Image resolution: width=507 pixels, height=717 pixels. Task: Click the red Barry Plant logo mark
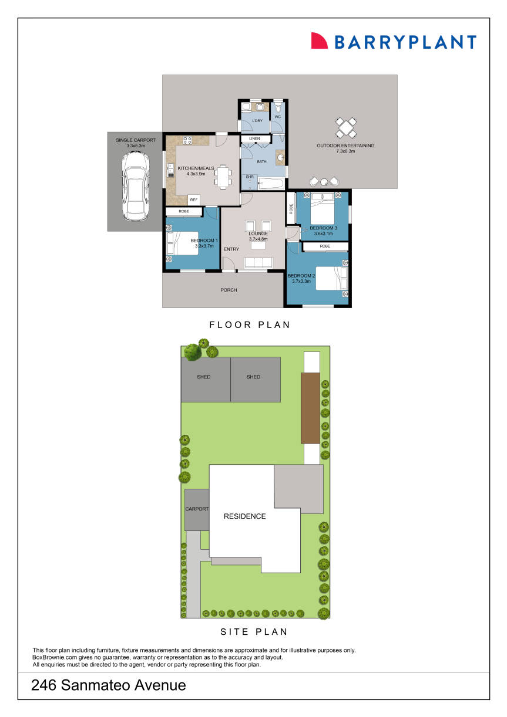click(x=319, y=40)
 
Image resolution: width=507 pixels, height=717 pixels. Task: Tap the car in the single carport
click(x=135, y=185)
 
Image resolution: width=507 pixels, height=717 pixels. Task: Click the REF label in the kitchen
click(x=194, y=199)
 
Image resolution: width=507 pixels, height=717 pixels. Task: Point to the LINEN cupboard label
click(x=254, y=138)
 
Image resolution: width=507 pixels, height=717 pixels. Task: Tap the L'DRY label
click(x=256, y=121)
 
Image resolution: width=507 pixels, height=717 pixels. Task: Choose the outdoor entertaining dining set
click(x=346, y=127)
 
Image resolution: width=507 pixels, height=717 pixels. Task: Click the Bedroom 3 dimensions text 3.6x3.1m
click(x=323, y=234)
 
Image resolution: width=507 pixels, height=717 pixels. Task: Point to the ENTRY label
click(x=231, y=249)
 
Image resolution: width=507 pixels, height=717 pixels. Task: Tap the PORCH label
click(x=229, y=290)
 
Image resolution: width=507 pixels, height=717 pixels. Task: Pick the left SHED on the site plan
click(x=204, y=377)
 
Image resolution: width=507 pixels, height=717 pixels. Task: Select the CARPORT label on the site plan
click(x=197, y=509)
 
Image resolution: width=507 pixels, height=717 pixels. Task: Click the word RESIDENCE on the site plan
click(x=244, y=517)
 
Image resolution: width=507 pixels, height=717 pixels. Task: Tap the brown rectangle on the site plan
click(x=310, y=408)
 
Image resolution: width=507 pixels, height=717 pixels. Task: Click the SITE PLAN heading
click(x=254, y=632)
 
